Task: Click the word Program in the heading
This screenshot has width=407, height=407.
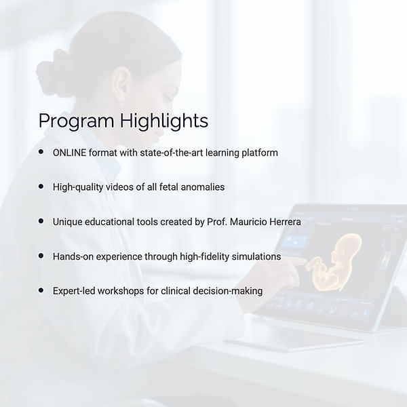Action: (76, 121)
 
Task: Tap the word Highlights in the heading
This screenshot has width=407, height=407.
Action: (163, 120)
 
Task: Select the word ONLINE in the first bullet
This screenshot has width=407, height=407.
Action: (69, 153)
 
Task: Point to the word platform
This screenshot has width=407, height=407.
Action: (260, 153)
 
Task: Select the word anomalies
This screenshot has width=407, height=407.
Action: (203, 187)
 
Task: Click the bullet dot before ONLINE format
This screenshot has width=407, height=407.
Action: (41, 151)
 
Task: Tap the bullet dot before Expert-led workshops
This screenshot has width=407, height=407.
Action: (41, 290)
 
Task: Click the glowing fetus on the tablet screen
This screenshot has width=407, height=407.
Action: (335, 262)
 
